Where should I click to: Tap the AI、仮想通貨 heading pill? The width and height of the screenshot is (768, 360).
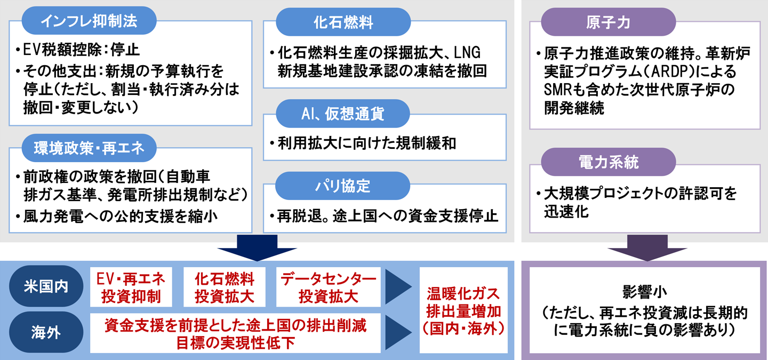click(343, 114)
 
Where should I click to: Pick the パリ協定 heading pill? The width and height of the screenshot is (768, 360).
click(343, 187)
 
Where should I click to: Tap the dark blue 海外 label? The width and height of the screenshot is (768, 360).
click(46, 333)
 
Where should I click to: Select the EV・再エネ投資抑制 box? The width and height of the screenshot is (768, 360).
click(131, 288)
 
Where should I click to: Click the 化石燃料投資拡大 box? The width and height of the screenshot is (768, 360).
click(225, 288)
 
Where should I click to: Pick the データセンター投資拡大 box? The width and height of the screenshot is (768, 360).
click(328, 288)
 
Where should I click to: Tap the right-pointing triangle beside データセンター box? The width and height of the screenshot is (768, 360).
click(398, 288)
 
